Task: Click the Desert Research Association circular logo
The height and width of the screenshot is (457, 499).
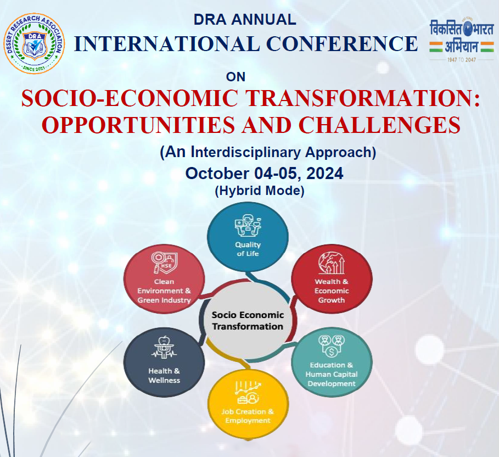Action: tap(34, 43)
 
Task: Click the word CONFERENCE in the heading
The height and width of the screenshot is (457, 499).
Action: tap(342, 43)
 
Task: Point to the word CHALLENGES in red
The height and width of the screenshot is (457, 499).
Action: tap(379, 125)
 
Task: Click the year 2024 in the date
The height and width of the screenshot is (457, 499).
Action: tap(324, 174)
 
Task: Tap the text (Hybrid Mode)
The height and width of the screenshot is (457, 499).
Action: tap(260, 191)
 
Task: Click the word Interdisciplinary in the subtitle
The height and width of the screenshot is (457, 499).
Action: tap(246, 152)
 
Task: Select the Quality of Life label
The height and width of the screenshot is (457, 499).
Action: tap(248, 249)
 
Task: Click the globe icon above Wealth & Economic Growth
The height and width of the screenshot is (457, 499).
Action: tap(332, 263)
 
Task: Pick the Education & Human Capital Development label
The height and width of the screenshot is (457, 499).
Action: tap(332, 374)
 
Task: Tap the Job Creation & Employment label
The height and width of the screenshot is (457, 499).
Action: tap(248, 416)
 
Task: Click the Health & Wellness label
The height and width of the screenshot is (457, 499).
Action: tap(164, 376)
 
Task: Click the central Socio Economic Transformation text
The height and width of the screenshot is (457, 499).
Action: tap(248, 321)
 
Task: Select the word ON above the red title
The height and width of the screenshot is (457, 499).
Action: tap(236, 77)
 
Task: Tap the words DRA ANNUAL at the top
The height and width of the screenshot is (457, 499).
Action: tap(245, 20)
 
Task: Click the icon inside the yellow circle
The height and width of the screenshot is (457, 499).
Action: tap(248, 392)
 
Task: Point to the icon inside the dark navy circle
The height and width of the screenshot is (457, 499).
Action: tap(164, 348)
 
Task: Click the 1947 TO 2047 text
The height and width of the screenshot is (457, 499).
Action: tap(462, 59)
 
